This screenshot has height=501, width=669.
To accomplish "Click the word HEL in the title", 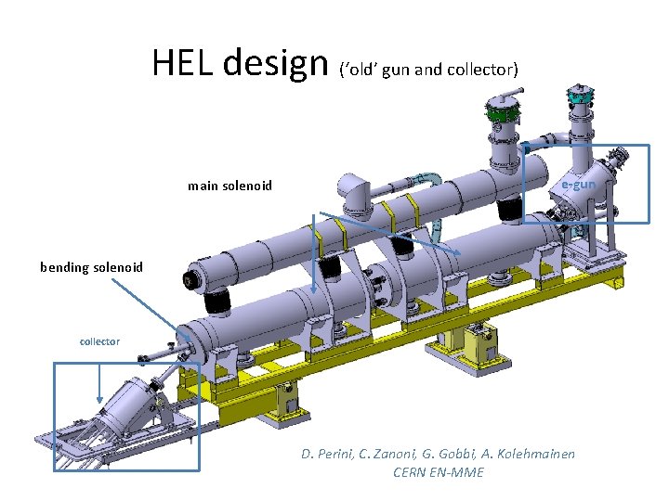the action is tap(182, 62).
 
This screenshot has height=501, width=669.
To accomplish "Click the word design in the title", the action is tap(276, 63).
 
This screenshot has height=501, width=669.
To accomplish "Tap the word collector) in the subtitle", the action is tap(482, 70).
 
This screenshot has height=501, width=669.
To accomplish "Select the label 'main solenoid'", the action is tap(230, 186).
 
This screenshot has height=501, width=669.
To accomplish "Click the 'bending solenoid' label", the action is tap(91, 267).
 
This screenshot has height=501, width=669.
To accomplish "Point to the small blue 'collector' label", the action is tap(99, 341).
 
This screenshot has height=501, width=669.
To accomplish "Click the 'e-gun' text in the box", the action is tap(578, 185).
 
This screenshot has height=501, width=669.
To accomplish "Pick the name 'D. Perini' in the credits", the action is tap(327, 454).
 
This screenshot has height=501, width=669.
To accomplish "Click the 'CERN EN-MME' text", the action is tap(439, 472).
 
